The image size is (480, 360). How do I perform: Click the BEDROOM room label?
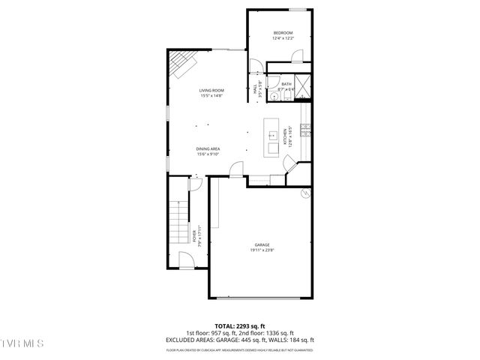click(x=282, y=33)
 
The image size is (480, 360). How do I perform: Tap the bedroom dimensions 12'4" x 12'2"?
click(x=282, y=38)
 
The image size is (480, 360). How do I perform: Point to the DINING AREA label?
click(x=208, y=148)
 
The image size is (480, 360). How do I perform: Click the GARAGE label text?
click(x=261, y=245)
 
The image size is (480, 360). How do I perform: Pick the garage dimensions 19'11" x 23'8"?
click(x=261, y=250)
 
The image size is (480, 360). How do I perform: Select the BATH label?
click(x=286, y=85)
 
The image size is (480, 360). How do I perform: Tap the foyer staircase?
click(x=178, y=223)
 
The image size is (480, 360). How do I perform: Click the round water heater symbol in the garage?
click(x=305, y=193)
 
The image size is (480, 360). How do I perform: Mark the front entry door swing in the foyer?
click(x=185, y=260)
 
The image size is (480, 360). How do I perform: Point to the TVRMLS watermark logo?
click(x=22, y=343)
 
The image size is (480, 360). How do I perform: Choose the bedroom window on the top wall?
click(x=298, y=10)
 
